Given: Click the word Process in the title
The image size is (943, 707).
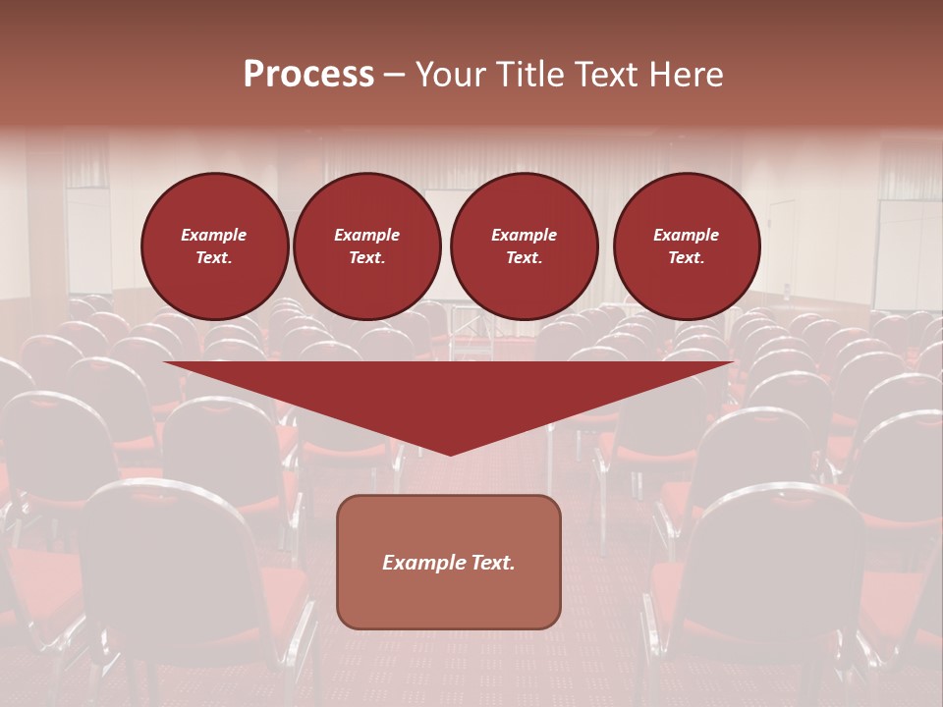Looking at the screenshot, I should click(x=308, y=75).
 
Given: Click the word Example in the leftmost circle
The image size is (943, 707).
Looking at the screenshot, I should click(x=214, y=235).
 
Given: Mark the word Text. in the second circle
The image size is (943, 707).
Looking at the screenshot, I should click(x=366, y=258).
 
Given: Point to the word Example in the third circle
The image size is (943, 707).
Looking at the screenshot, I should click(x=524, y=235).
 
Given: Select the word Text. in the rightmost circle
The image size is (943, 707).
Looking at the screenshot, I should click(x=686, y=258).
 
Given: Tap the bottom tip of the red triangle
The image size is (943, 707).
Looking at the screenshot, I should click(x=450, y=453).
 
